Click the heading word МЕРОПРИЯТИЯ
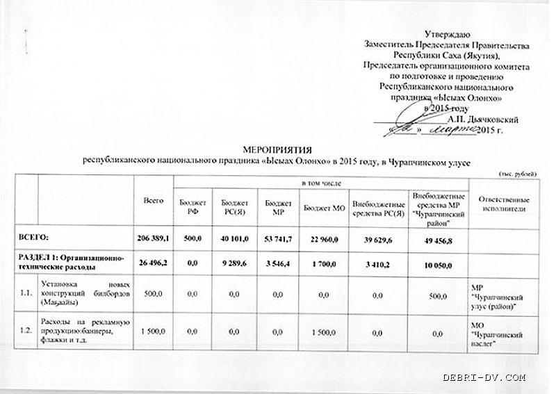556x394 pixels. [x=277, y=149]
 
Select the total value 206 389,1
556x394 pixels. [x=154, y=238]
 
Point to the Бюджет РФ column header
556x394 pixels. [x=188, y=206]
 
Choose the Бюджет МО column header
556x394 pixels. [x=319, y=206]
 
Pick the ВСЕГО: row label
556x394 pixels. [x=40, y=238]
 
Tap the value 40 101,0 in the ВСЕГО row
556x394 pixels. [x=234, y=238]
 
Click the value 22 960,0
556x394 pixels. [x=320, y=238]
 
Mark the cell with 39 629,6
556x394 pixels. [x=378, y=238]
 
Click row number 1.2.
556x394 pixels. [x=26, y=330]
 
